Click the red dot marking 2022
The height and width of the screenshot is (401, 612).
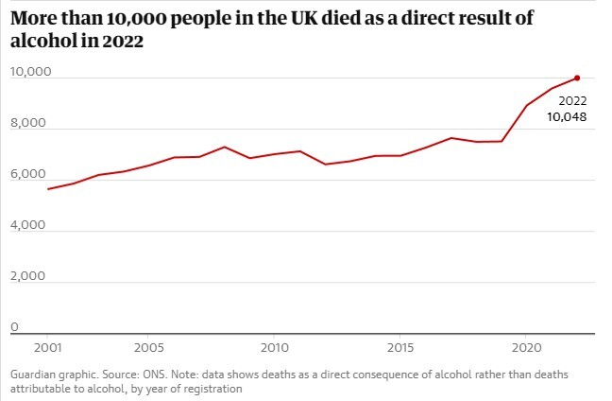click(577, 78)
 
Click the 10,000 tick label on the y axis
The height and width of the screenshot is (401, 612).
click(30, 73)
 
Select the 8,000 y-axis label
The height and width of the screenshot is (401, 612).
click(27, 124)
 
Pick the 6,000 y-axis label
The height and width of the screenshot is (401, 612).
click(27, 175)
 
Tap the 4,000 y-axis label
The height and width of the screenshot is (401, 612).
click(27, 226)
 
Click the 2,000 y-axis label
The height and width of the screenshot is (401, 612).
click(27, 277)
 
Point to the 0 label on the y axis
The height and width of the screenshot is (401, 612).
click(14, 327)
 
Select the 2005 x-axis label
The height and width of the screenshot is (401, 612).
click(147, 347)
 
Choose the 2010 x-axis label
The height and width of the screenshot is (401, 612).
click(274, 347)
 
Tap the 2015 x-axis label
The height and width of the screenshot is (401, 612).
click(400, 347)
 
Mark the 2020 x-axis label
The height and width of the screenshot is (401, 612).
click(527, 347)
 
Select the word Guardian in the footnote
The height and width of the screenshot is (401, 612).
click(33, 375)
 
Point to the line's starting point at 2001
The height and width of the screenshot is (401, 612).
click(47, 189)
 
